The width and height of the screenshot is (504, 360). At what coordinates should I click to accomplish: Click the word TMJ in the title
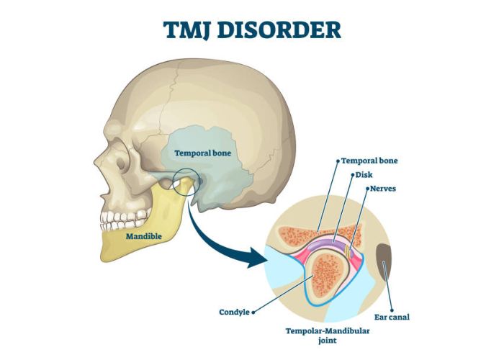point(187,30)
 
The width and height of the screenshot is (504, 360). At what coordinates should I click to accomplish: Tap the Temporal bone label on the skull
point(203,153)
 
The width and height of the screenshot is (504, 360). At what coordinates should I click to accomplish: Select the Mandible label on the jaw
point(144,237)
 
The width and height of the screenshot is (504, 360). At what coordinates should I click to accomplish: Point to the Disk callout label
point(364,175)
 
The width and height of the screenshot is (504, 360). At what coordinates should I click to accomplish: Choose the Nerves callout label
point(383,189)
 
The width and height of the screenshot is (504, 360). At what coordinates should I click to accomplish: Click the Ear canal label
point(392,318)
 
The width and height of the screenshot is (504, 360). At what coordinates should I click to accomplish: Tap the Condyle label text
point(234,312)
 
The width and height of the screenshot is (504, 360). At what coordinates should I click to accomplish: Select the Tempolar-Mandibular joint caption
point(328,336)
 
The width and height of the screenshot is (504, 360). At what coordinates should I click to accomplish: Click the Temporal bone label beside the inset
point(369,161)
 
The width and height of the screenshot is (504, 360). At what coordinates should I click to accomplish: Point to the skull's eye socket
point(121,161)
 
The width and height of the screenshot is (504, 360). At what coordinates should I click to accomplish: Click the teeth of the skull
point(125,219)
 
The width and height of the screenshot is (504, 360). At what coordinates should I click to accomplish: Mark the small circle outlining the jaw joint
point(186,182)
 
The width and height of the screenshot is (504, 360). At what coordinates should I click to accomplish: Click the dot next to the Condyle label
point(253,312)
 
